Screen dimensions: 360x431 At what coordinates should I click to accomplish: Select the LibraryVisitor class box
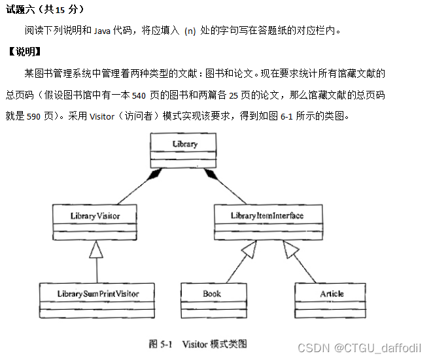95,223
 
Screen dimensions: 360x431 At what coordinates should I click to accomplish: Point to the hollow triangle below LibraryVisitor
97,249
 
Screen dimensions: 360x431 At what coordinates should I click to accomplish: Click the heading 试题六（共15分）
45,10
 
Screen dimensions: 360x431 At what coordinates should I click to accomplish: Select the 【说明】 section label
25,51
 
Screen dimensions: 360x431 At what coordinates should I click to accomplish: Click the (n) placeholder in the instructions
190,31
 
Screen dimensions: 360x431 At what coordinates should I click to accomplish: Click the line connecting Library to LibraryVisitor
128,188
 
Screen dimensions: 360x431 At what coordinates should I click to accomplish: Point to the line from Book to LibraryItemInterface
232,268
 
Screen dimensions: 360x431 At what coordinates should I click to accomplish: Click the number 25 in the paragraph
233,95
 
